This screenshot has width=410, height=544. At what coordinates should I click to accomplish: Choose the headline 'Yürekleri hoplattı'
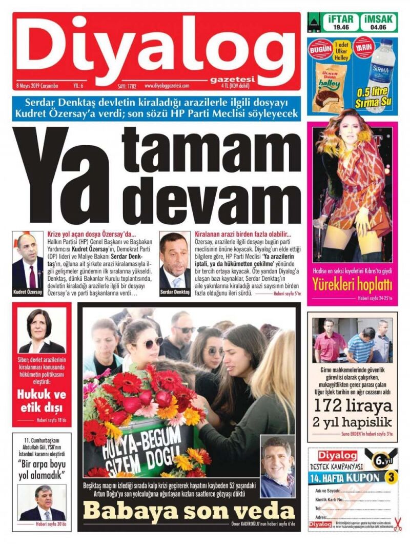point(352,283)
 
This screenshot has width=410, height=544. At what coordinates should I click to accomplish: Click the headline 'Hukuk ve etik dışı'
point(42,402)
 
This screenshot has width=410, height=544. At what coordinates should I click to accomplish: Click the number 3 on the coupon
point(391,476)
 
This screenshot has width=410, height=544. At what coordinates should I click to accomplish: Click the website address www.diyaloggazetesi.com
point(167,86)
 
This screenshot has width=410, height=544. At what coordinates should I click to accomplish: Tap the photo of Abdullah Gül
point(43,502)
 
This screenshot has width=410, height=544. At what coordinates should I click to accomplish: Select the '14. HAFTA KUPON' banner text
point(346,478)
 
